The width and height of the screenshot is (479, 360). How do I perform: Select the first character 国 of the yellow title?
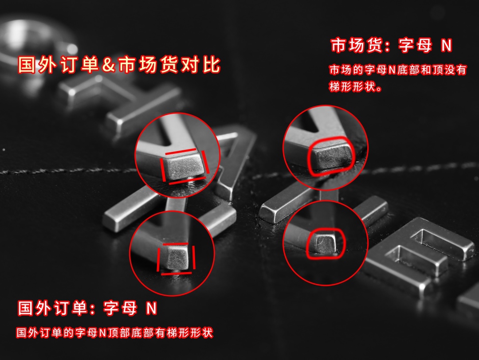(x=27, y=64)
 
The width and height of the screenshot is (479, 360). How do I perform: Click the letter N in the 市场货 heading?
(x=446, y=46)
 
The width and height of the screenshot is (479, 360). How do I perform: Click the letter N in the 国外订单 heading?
(x=152, y=309)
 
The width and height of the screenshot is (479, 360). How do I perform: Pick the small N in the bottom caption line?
(x=102, y=333)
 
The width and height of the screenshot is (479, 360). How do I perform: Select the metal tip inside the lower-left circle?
(x=177, y=258)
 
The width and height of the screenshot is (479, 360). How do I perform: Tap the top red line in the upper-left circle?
(x=181, y=152)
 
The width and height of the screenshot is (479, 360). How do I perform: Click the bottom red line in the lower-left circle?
(x=176, y=273)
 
